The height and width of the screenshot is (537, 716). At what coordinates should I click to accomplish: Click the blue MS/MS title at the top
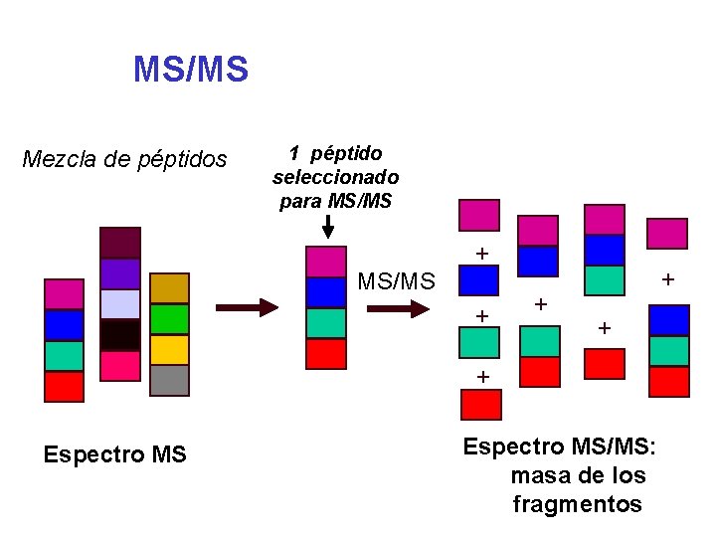[x=191, y=70]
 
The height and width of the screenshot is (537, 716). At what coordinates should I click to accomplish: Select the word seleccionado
[x=336, y=177]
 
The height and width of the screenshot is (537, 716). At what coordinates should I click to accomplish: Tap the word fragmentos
[x=577, y=504]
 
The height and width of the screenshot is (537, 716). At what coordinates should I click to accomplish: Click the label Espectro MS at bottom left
[x=115, y=454]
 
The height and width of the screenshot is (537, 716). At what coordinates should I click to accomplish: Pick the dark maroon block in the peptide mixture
[x=120, y=242]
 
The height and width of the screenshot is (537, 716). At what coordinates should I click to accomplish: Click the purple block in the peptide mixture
[x=120, y=273]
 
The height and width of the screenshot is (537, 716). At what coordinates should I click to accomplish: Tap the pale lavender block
[x=120, y=304]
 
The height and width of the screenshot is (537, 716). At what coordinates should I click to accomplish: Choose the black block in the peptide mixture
[x=120, y=335]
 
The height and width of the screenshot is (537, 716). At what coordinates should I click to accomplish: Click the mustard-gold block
[x=169, y=288]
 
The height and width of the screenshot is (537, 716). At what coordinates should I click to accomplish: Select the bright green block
[x=169, y=318]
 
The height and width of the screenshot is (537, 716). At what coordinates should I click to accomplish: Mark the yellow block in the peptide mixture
[x=169, y=349]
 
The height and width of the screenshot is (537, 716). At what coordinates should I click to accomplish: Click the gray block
[x=169, y=380]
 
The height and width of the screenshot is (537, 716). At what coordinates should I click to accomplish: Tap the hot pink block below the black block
[x=120, y=365]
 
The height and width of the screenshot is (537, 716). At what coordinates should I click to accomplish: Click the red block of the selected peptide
[x=326, y=353]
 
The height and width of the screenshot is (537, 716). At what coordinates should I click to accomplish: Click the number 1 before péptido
[x=294, y=153]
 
